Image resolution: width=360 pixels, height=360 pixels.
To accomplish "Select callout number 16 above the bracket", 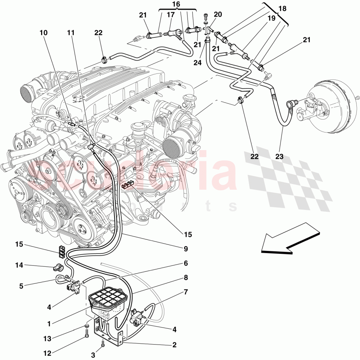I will point(176,4).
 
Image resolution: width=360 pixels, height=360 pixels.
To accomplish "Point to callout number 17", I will point(171,15).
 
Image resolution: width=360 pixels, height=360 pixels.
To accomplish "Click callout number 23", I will point(280,157).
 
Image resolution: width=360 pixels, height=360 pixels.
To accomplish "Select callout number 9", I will point(185,248).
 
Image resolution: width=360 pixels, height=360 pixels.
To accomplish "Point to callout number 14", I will point(19,265).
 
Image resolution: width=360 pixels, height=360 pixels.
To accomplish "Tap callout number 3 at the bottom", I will point(93,355).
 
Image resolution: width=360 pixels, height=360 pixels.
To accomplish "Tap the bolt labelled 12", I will point(87,336).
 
